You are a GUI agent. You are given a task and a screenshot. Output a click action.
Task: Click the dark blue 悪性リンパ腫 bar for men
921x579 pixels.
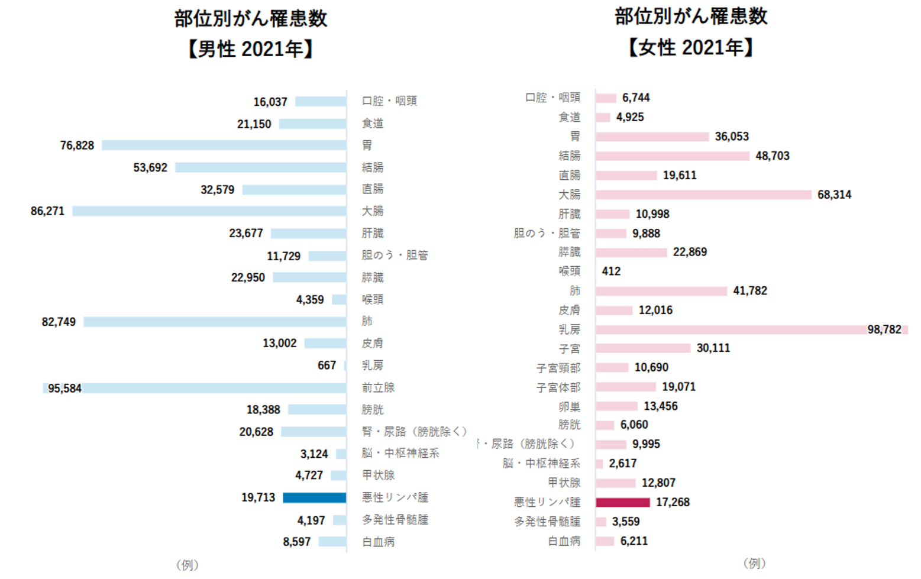314,497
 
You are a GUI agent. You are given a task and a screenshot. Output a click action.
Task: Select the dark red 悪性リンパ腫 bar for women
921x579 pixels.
623,502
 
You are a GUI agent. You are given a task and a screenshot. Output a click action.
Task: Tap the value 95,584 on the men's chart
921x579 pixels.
64,389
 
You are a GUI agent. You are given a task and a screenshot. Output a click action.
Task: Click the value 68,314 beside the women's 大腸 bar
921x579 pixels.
834,195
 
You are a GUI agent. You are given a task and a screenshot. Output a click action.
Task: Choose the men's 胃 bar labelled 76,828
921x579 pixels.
224,145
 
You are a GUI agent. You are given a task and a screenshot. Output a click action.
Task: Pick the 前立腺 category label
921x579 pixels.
378,387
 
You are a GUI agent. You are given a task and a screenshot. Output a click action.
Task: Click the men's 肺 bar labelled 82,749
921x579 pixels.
215,322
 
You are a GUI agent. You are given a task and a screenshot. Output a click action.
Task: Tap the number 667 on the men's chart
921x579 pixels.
327,365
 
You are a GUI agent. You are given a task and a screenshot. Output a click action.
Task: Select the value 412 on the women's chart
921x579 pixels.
611,271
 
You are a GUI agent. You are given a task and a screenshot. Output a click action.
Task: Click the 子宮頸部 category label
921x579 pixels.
558,368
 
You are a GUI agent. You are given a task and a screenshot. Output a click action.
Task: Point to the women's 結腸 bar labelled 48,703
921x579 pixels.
673,156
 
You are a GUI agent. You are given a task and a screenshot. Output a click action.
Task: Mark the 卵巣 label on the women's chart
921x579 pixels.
569,406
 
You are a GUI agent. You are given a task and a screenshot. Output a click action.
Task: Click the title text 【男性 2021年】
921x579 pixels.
251,48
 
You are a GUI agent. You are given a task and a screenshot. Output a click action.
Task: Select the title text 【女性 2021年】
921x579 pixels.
690,47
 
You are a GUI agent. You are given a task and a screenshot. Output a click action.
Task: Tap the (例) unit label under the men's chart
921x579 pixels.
187,565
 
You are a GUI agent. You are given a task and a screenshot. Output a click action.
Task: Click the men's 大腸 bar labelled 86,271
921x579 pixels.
209,211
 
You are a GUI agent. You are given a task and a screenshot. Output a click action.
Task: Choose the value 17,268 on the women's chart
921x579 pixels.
673,502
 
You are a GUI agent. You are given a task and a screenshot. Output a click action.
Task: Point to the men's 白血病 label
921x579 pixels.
378,542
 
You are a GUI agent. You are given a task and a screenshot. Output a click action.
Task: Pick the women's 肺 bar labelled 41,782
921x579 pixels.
661,291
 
